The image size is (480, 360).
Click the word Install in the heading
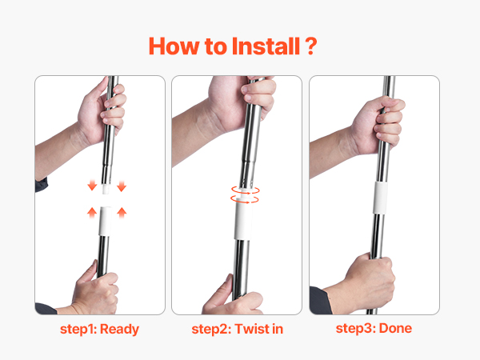(x=266, y=46)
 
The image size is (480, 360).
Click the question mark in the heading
(x=310, y=46)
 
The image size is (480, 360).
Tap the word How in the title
(x=174, y=46)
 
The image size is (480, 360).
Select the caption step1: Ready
(x=99, y=330)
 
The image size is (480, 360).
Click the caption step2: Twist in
(x=238, y=329)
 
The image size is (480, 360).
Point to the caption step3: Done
(x=374, y=328)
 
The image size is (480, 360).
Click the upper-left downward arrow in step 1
(x=92, y=186)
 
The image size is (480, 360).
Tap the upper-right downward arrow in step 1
(x=122, y=186)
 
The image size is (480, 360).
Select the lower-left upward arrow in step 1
(x=92, y=212)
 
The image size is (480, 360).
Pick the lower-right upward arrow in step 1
(x=122, y=212)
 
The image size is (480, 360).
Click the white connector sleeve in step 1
(x=105, y=221)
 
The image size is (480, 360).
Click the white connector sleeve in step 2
(x=243, y=221)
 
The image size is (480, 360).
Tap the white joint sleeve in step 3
(x=380, y=198)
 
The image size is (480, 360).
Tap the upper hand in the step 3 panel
(x=378, y=125)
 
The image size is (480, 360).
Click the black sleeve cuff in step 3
(x=320, y=300)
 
